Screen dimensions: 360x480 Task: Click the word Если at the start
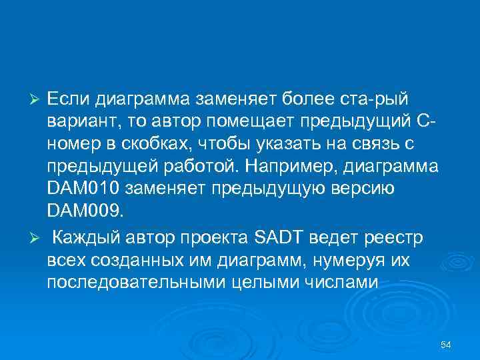pyautogui.click(x=69, y=99)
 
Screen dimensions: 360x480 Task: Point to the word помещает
pyautogui.click(x=257, y=122)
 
